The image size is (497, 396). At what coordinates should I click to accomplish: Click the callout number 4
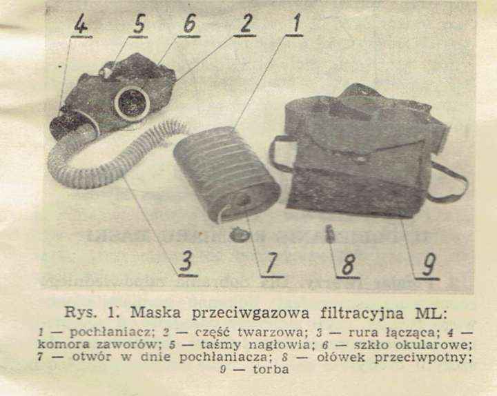point(81,23)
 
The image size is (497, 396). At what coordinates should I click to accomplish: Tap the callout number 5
point(139,23)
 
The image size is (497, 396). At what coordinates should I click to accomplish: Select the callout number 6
point(189,23)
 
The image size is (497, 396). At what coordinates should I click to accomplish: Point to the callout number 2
point(246,23)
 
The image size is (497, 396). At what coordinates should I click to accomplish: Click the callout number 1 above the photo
point(295,22)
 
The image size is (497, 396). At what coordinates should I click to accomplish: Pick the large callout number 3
point(187,261)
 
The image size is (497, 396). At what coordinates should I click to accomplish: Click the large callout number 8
point(348,264)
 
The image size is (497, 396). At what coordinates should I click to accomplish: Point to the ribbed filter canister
point(226,174)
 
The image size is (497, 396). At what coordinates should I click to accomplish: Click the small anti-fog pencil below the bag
point(330,233)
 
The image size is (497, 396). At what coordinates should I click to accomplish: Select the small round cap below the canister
point(240,235)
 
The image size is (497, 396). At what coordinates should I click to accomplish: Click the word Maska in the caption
point(155,313)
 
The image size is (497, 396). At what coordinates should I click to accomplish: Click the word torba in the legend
point(271,369)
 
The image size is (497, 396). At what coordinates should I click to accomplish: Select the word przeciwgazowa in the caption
point(251,313)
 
